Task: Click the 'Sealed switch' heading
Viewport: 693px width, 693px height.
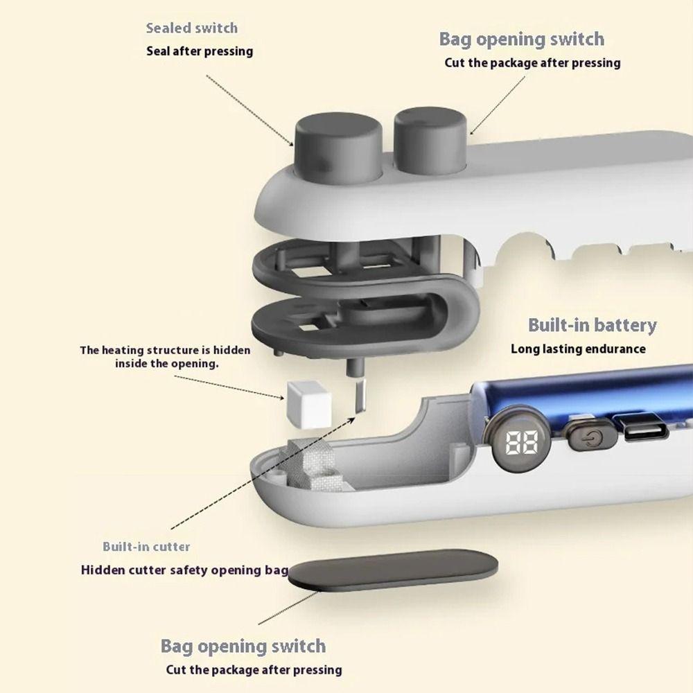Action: click(x=191, y=28)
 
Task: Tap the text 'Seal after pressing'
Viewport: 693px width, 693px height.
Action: click(x=200, y=51)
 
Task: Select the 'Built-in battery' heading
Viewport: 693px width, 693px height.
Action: click(x=592, y=326)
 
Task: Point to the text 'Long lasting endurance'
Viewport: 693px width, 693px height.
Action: click(x=578, y=349)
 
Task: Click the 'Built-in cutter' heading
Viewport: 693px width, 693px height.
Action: click(x=146, y=547)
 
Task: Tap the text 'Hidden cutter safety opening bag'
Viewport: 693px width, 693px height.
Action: click(x=184, y=571)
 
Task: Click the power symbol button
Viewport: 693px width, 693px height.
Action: click(x=589, y=439)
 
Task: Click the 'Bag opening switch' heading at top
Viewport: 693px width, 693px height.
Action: click(x=521, y=40)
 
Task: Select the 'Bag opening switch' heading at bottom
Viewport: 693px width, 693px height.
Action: click(x=243, y=647)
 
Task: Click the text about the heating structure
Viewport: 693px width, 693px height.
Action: click(x=166, y=357)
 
